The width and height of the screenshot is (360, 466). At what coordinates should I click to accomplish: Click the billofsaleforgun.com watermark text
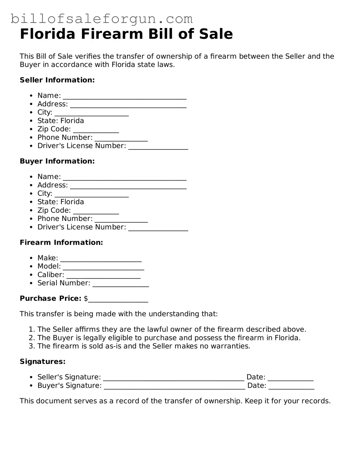[101, 19]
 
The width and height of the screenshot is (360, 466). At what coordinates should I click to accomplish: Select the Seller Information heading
[57, 80]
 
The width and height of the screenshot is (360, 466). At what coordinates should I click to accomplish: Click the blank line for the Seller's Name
[125, 96]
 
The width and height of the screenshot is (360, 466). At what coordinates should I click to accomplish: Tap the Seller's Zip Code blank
[96, 130]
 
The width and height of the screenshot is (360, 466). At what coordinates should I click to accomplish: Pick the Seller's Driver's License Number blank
[158, 147]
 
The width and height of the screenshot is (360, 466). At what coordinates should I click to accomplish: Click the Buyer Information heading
[57, 161]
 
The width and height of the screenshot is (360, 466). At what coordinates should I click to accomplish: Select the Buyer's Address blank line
[128, 186]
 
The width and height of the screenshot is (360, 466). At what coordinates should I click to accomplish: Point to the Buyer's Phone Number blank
[121, 219]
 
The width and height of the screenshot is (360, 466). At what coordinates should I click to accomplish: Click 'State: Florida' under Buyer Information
[61, 202]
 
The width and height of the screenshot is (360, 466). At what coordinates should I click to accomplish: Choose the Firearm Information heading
[61, 242]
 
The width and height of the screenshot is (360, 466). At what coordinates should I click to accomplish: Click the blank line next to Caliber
[104, 275]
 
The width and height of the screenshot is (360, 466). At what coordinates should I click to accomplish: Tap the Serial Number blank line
[121, 284]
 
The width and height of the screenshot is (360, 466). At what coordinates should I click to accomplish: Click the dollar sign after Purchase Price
[86, 299]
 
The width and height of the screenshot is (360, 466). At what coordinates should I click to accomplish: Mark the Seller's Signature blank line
[174, 378]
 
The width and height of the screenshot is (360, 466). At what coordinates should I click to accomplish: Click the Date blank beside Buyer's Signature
[291, 386]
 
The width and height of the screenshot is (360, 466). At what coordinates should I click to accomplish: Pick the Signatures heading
[42, 362]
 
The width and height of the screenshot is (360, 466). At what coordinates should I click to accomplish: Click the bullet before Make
[31, 258]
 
